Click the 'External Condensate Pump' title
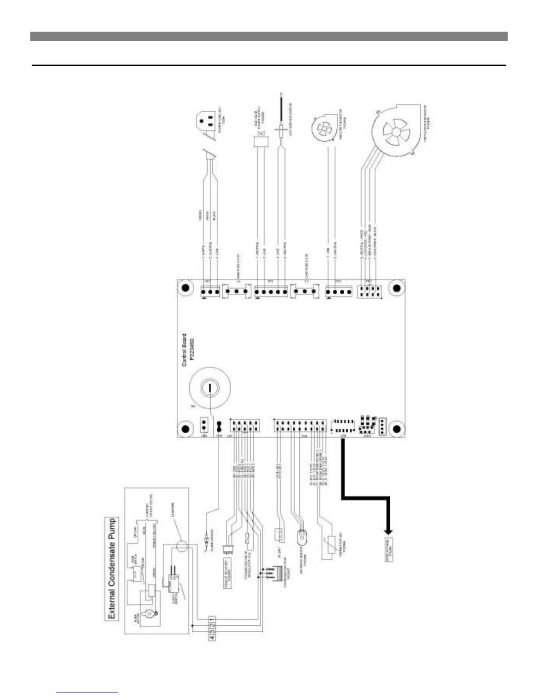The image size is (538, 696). click(x=113, y=569)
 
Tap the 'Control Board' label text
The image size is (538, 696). click(x=184, y=350)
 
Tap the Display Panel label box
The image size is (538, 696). click(x=388, y=545)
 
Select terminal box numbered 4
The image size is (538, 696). click(x=212, y=635)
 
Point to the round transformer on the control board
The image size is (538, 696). click(x=210, y=388)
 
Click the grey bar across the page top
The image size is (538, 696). click(x=269, y=36)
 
